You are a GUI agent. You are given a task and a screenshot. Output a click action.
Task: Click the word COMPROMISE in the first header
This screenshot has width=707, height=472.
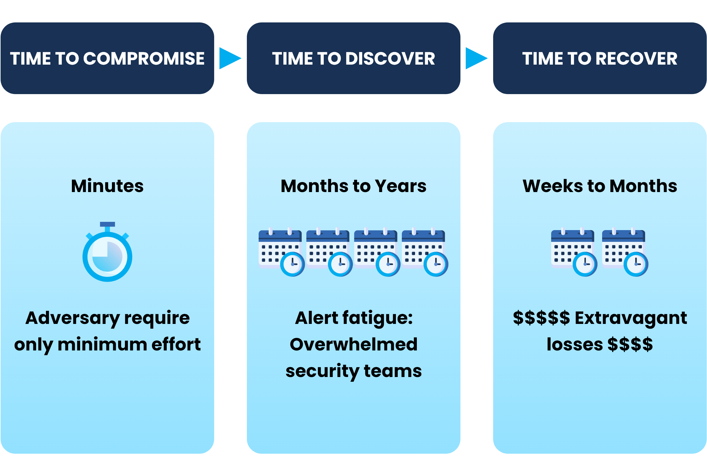pos(144,58)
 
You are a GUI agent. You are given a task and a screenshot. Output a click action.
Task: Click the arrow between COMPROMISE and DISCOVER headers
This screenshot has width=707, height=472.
pos(230,58)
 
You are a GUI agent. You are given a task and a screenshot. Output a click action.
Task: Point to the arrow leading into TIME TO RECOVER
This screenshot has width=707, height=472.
pos(476,58)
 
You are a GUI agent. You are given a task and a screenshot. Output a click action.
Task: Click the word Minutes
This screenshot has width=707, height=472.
pos(107,186)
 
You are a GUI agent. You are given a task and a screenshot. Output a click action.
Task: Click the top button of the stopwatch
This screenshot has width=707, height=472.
pos(107,224)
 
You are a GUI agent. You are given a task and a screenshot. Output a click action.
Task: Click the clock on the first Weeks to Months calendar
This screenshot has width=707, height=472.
pos(585,264)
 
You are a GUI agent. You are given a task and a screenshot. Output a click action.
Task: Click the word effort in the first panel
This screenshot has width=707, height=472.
pos(176,344)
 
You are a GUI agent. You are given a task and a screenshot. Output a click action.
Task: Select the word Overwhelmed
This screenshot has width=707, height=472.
pos(353,344)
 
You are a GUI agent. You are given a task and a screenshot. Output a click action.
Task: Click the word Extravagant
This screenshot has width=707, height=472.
pos(631,318)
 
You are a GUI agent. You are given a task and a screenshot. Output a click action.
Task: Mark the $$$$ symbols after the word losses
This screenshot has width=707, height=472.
pos(630,344)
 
